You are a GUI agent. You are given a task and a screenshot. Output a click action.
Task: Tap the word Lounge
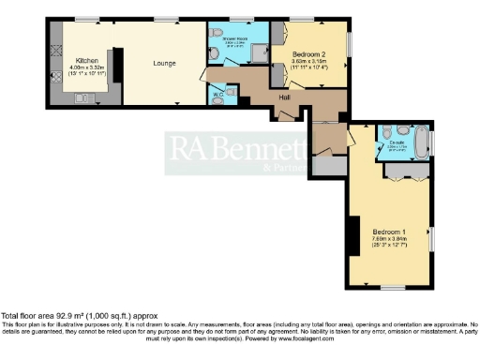click(165, 64)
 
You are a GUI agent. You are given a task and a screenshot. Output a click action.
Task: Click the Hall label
click(282, 96)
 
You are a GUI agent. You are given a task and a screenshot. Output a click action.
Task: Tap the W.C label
click(217, 95)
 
